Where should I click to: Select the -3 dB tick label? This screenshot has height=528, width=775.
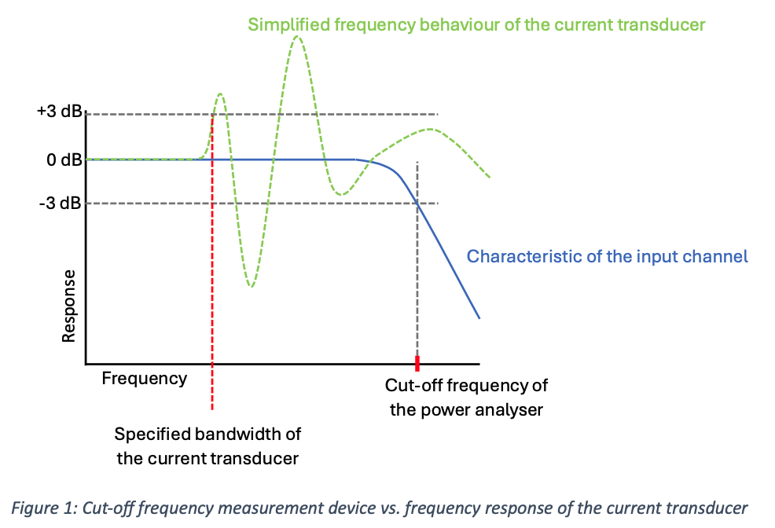point(62,203)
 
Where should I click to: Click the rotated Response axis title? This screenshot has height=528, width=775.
point(69,306)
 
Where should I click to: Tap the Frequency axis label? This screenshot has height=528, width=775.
point(145,379)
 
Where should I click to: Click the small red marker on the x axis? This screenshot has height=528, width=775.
point(417,363)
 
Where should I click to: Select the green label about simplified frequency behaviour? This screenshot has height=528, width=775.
point(476,24)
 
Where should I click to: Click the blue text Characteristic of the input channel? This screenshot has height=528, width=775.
point(607,256)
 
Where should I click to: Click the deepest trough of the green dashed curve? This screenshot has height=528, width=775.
point(250,285)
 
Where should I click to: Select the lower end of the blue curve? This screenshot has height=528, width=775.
point(479,318)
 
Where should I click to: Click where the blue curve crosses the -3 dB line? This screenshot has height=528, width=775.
point(417,203)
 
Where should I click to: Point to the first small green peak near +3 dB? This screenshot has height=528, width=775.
point(220,94)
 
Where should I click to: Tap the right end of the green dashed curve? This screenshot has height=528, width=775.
point(490,177)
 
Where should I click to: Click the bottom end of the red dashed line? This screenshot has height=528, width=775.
point(212,409)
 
